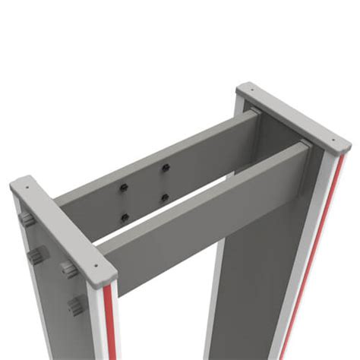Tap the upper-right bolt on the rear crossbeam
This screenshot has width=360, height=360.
[164, 167]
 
